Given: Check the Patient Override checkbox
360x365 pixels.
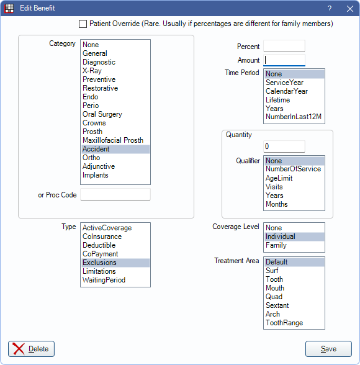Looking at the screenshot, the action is point(83,24).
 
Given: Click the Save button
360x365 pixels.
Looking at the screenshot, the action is point(328,349).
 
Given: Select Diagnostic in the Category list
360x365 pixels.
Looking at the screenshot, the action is point(99,62).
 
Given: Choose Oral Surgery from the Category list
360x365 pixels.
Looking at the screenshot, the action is point(102,114).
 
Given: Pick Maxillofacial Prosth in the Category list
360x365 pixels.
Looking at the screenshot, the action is point(113,140).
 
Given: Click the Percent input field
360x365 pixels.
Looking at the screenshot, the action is point(284,46).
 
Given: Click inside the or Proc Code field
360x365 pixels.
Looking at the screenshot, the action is point(115,194).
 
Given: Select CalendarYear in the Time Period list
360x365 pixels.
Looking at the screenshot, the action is point(287,91).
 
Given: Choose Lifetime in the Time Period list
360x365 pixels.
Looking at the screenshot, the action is point(278,100).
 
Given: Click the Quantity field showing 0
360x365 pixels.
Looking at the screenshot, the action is point(284,146).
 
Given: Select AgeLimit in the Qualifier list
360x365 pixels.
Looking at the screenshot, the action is point(279,178).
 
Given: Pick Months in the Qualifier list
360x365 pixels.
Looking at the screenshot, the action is point(277,204).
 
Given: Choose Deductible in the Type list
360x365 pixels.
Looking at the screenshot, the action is point(99,245).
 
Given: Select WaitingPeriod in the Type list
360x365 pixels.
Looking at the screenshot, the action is point(104,280).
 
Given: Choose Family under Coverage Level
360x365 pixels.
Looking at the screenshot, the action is point(276,245).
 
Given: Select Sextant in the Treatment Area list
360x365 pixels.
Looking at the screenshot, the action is point(277,305).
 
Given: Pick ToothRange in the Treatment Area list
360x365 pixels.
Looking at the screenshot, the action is point(284,323).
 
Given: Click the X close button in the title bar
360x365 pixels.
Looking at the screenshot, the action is point(350,9).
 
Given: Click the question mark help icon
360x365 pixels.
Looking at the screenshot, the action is point(330,9).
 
